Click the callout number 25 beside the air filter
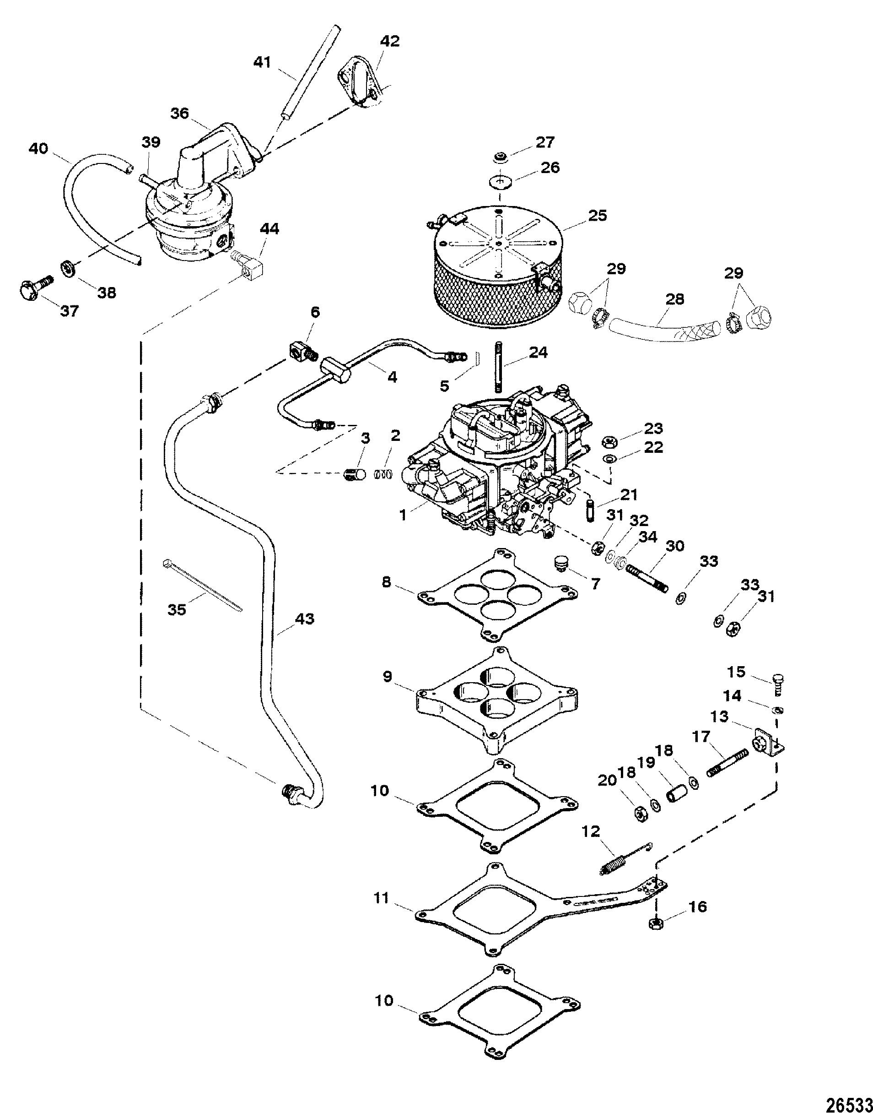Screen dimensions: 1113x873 (597, 216)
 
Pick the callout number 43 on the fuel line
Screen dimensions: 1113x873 (304, 619)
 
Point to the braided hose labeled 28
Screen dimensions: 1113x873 (664, 327)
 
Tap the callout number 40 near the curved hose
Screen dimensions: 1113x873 (38, 149)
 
